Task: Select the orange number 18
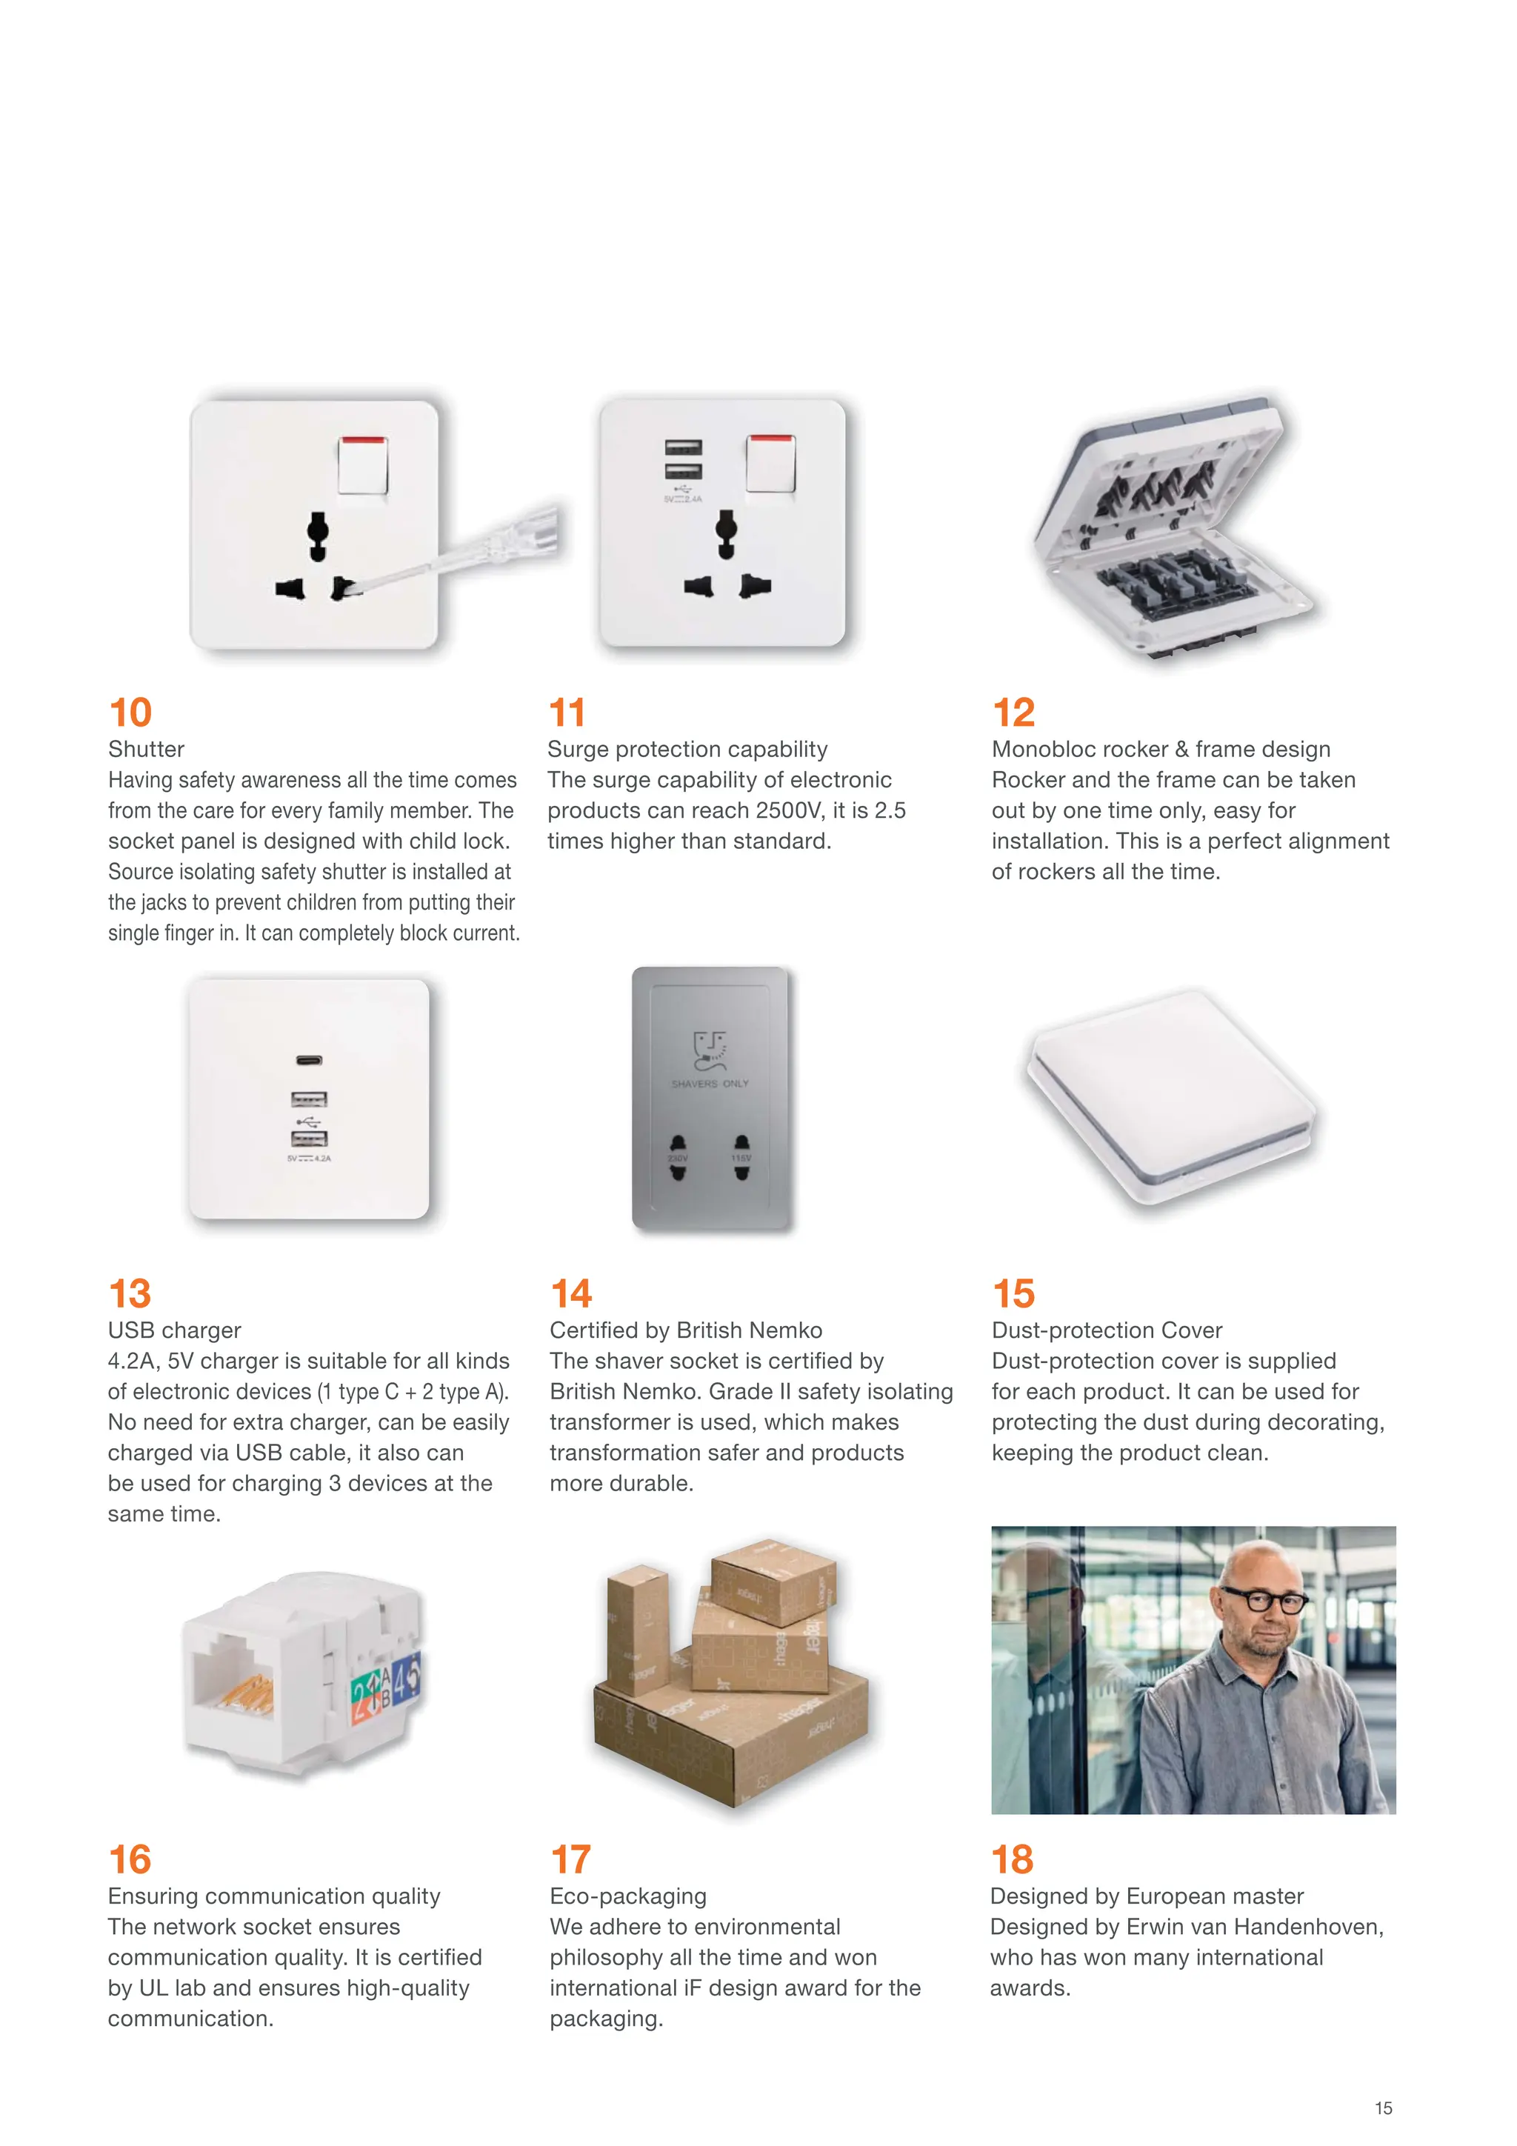[1013, 1859]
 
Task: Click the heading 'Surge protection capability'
[687, 749]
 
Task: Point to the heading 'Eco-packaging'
[628, 1896]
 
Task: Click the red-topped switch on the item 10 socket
[363, 464]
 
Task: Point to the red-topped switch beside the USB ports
[771, 463]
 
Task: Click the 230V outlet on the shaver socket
[678, 1157]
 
